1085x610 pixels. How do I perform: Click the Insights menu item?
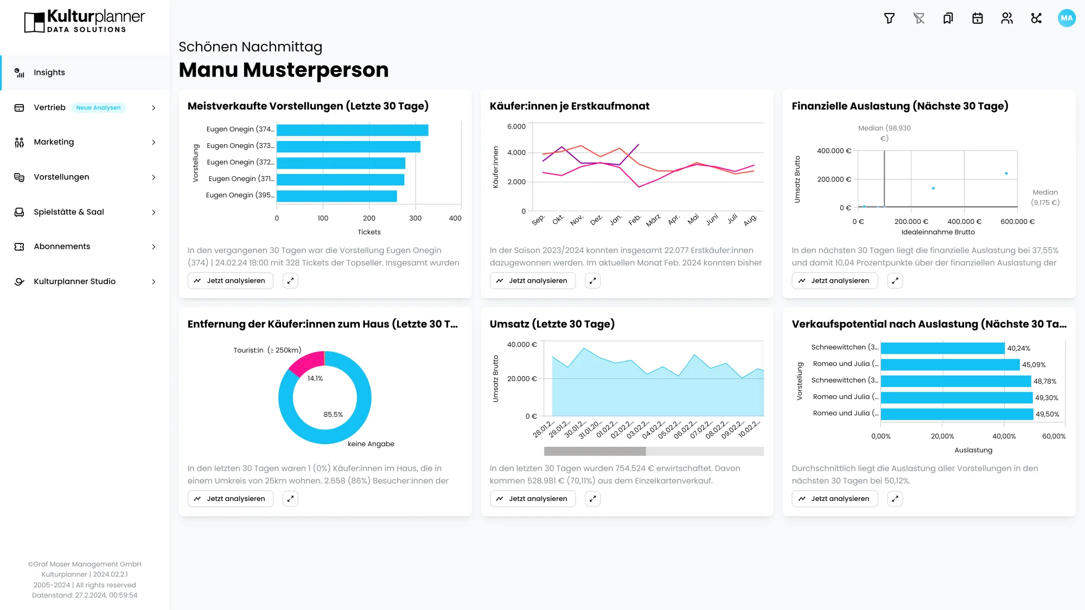49,73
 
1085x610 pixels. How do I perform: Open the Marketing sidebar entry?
54,142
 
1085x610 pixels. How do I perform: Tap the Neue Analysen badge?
98,108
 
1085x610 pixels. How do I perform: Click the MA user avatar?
1067,18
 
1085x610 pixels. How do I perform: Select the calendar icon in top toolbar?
978,18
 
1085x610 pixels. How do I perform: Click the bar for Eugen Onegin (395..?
336,196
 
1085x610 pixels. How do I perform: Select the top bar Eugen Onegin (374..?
352,130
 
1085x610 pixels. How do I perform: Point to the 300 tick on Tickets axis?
415,218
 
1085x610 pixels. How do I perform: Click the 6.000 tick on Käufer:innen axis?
516,126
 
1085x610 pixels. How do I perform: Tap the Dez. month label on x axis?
596,220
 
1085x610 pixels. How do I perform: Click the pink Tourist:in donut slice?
307,362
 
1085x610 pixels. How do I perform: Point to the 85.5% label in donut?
333,415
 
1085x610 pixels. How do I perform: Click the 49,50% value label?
1047,414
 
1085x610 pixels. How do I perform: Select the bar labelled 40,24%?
942,348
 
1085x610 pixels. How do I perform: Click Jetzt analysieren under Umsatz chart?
532,499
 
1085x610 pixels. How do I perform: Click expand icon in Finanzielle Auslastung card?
895,281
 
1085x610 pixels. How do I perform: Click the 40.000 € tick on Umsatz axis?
521,345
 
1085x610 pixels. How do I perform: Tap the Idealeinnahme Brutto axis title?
937,232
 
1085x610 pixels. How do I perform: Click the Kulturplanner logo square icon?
34,22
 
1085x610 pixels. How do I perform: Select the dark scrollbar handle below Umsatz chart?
595,451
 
